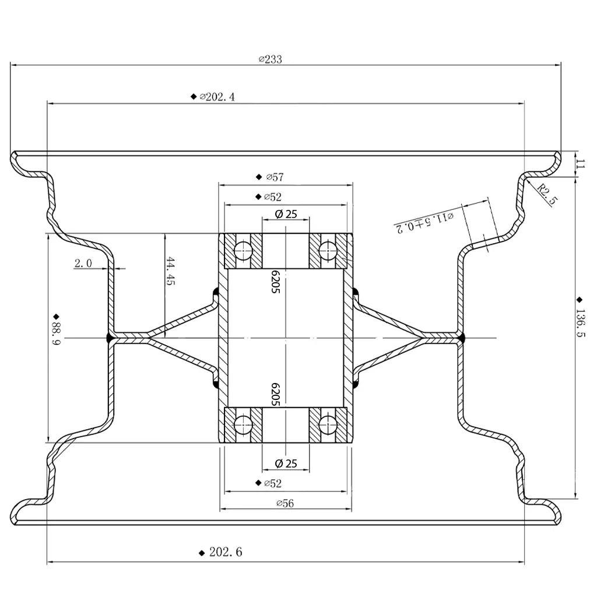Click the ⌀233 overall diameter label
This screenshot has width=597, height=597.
(x=270, y=59)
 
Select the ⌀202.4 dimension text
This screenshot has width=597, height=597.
(x=217, y=97)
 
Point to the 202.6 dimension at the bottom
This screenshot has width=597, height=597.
(x=225, y=552)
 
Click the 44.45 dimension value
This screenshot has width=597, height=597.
(x=170, y=272)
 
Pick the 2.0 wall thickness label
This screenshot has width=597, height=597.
(x=83, y=264)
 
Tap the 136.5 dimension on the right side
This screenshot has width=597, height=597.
(x=580, y=326)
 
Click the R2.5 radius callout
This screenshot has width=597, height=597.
(x=547, y=194)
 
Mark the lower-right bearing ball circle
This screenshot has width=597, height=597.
(x=328, y=424)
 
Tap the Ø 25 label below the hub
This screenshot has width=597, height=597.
(x=285, y=464)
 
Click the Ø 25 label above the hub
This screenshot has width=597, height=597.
(x=285, y=214)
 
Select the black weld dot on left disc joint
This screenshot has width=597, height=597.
(x=110, y=338)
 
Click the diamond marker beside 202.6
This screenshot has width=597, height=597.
(x=201, y=552)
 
